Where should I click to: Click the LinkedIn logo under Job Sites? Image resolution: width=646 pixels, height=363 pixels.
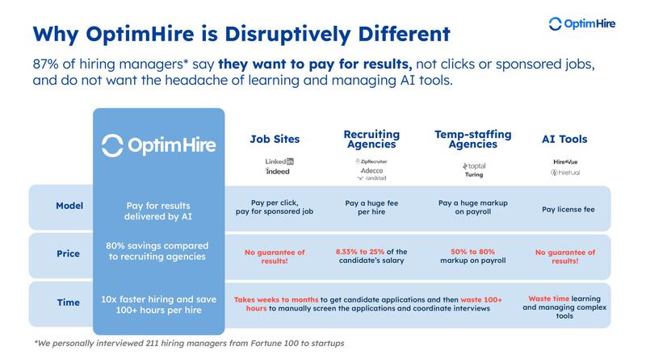pos(279,161)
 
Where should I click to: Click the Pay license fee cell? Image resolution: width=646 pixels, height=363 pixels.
pos(566,209)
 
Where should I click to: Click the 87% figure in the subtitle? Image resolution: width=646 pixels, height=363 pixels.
pos(48,64)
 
